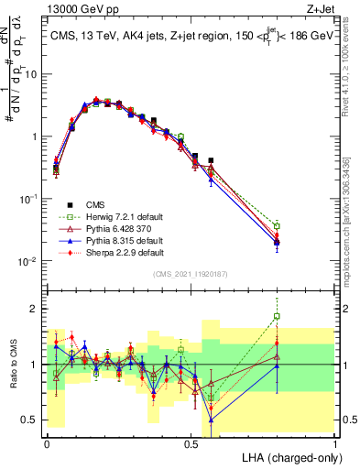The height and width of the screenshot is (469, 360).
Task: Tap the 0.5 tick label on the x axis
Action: coord(191,442)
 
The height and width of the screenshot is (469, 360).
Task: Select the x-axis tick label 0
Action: coord(47,442)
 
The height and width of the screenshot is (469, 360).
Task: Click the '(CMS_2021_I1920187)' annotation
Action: coord(190,274)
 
